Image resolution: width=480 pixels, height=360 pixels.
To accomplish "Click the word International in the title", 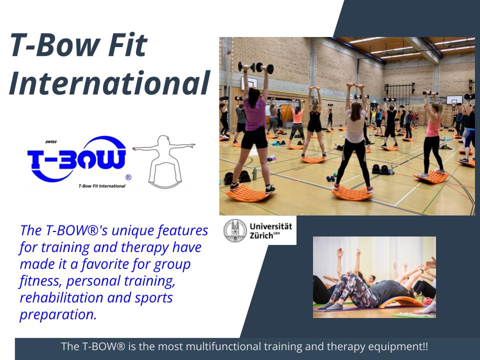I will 108,83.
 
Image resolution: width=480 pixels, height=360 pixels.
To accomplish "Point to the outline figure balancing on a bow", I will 163,160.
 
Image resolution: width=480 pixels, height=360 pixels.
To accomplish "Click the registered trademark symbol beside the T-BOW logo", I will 128,177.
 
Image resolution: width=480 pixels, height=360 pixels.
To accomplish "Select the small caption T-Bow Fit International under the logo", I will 101,186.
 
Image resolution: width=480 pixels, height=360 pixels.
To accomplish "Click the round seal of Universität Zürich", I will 234,230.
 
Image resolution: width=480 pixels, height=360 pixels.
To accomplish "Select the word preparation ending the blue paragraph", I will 57,315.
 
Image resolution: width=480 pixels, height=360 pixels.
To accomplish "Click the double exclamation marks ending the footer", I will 424,346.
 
